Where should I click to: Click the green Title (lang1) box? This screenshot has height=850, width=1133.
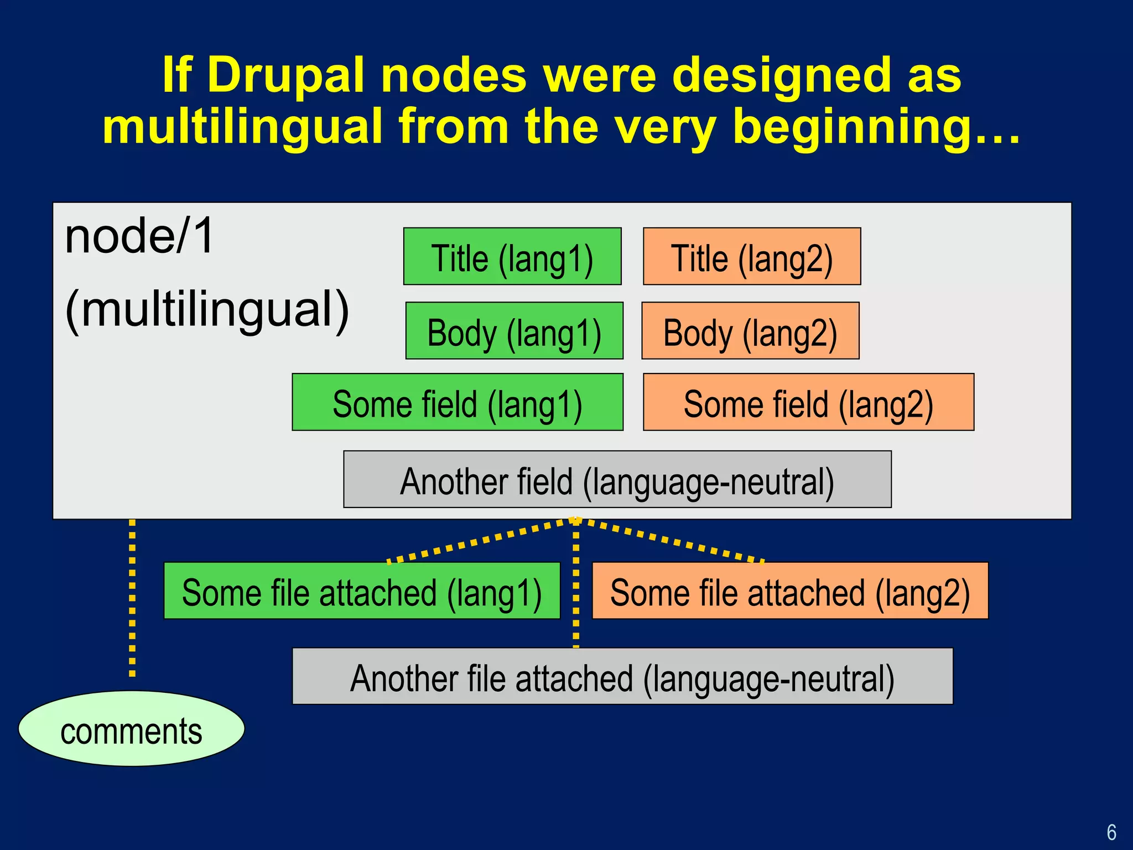coord(512,256)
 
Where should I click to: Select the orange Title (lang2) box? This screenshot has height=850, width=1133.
coord(752,256)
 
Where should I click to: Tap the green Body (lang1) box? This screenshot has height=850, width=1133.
coord(514,331)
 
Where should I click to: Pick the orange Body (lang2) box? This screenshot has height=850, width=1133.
coord(750,331)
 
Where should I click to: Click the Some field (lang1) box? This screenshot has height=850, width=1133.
coord(458,402)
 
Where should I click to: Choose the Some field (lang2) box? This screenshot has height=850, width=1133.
coord(808,402)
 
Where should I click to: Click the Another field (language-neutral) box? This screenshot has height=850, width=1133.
coord(617,479)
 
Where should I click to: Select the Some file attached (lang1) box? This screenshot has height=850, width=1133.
coord(362,591)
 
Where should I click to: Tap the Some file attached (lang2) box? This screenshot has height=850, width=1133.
coord(790,591)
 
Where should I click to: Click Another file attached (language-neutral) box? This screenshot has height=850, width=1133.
coord(622,676)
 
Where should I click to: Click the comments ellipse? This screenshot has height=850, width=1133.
coord(131,729)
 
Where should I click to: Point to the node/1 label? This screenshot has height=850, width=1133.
coord(139,236)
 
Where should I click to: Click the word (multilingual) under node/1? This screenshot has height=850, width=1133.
coord(207,310)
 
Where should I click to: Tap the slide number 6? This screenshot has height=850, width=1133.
coord(1111,832)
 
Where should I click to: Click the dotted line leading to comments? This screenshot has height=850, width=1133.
coord(132,598)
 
